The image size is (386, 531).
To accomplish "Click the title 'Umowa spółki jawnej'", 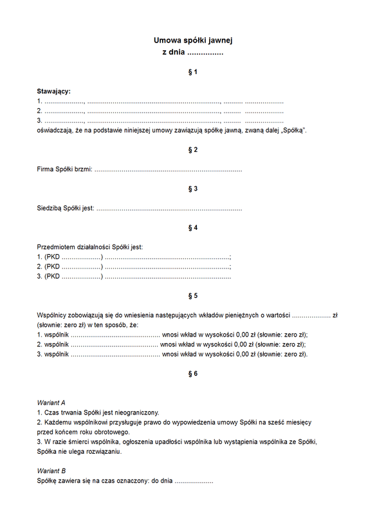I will pos(192,41).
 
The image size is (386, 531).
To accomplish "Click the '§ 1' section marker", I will pos(192,72).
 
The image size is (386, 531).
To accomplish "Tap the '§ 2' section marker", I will pos(192,150).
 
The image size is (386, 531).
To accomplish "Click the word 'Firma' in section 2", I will pos(46,170).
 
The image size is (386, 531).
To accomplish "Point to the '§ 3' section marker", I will pos(192,189).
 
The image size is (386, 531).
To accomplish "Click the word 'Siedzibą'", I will pos(50,209).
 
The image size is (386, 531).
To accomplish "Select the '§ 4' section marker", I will pos(192,228).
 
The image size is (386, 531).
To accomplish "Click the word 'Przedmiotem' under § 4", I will pos(56,247).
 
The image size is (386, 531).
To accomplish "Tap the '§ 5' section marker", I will pos(192,295).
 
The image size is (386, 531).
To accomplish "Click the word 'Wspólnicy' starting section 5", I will pos(53,315).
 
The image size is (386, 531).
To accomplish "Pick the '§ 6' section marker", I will pos(192,373).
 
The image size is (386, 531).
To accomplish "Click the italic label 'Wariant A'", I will pos(51,402).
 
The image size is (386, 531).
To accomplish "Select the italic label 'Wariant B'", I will pos(51,470).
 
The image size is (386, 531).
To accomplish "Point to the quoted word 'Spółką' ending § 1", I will pos(293,131).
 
